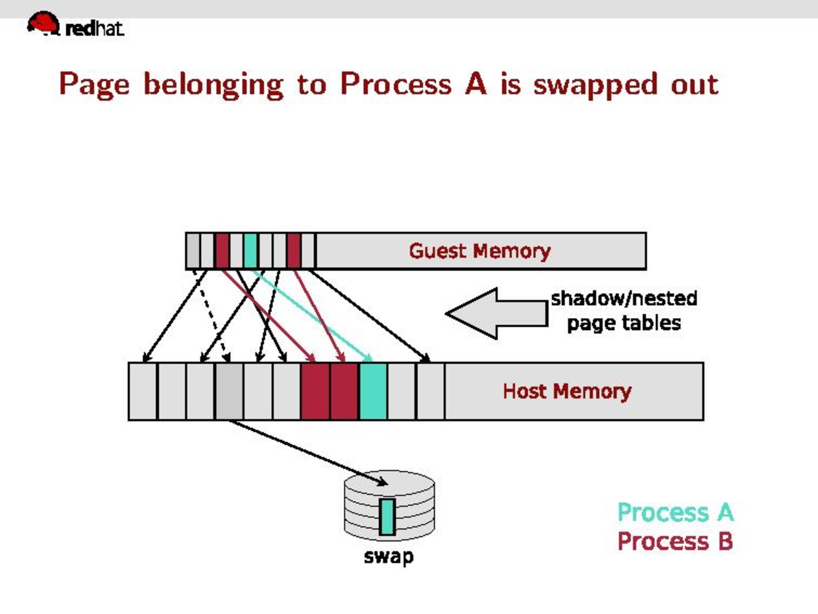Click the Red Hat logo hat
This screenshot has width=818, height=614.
click(x=43, y=23)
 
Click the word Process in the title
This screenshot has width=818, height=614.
click(x=395, y=84)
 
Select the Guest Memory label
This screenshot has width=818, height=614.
click(x=480, y=251)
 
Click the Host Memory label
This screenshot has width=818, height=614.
click(x=567, y=391)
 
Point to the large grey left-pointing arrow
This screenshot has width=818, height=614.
click(x=496, y=313)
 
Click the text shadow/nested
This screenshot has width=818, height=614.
click(x=624, y=298)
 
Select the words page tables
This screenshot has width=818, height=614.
click(x=624, y=323)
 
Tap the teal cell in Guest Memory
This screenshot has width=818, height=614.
click(x=250, y=250)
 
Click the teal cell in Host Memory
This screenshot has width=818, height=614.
click(x=373, y=391)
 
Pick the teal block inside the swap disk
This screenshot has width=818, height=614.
click(x=387, y=516)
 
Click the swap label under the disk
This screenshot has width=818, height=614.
click(x=388, y=556)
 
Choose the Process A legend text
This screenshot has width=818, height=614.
click(x=675, y=512)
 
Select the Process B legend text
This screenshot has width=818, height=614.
click(x=675, y=541)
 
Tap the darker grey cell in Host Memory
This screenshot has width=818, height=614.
click(x=229, y=391)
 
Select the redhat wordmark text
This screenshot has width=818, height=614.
click(x=94, y=28)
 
